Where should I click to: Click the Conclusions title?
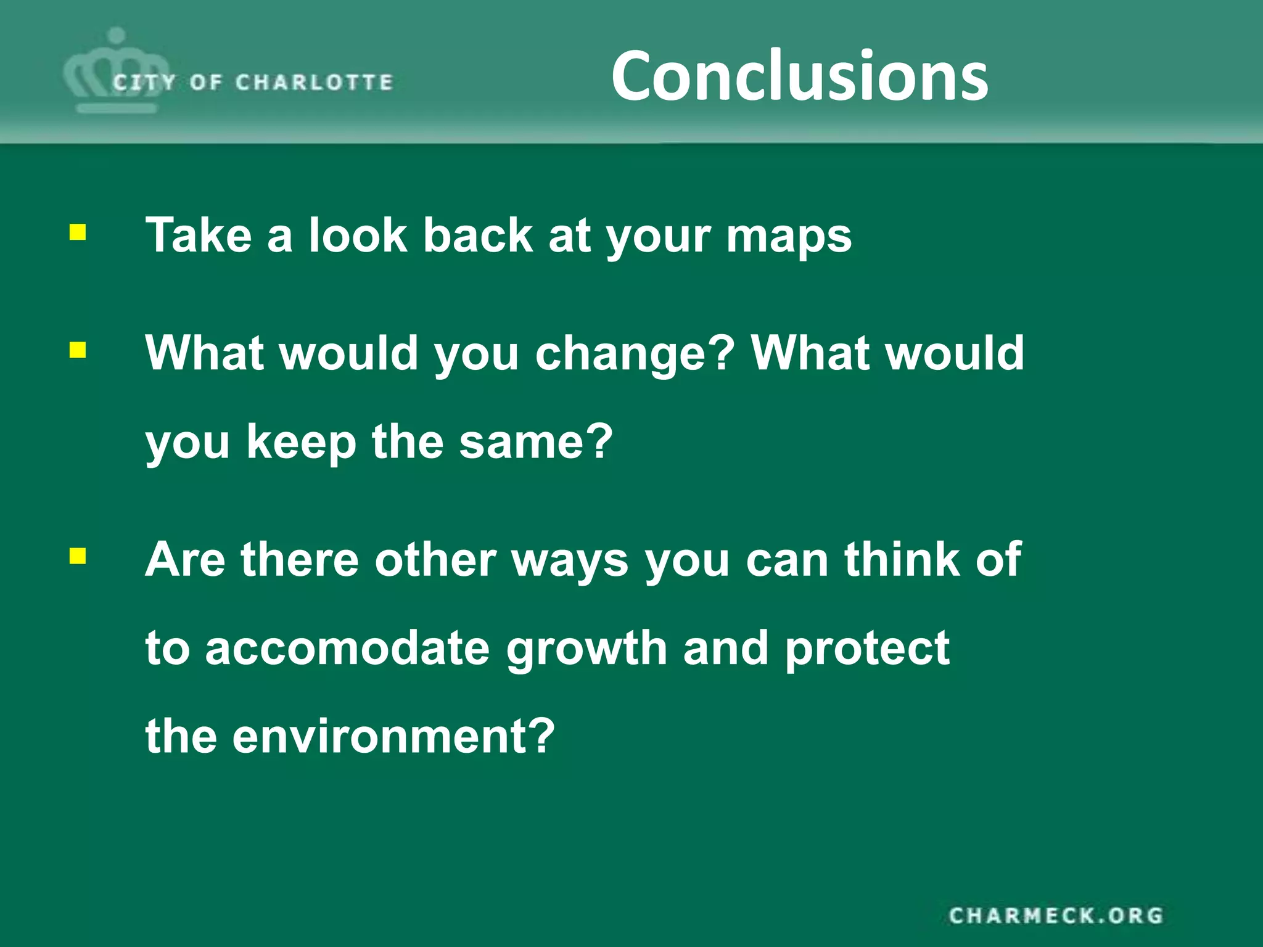click(799, 76)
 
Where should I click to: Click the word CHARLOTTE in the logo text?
click(314, 82)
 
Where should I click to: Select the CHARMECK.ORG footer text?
click(1056, 916)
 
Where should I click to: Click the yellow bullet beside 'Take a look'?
click(78, 233)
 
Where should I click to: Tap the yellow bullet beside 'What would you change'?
click(78, 350)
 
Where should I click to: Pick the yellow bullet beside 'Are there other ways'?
click(78, 557)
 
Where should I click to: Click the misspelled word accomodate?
click(347, 649)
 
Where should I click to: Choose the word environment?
click(393, 737)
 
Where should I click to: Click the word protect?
click(867, 650)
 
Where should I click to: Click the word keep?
click(302, 443)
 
